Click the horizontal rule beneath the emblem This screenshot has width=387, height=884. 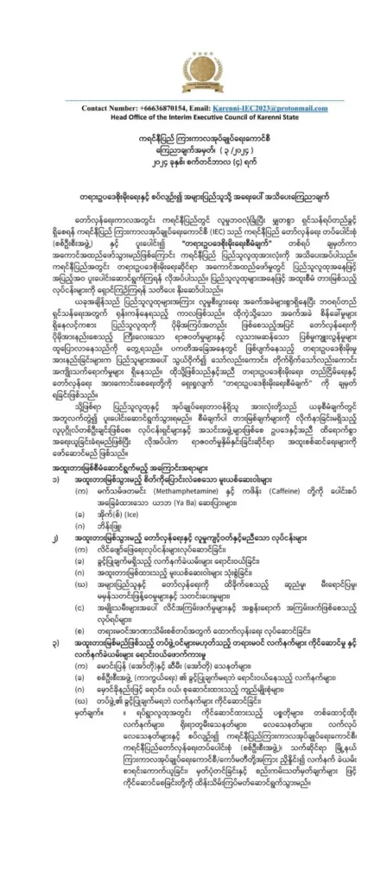point(193,100)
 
